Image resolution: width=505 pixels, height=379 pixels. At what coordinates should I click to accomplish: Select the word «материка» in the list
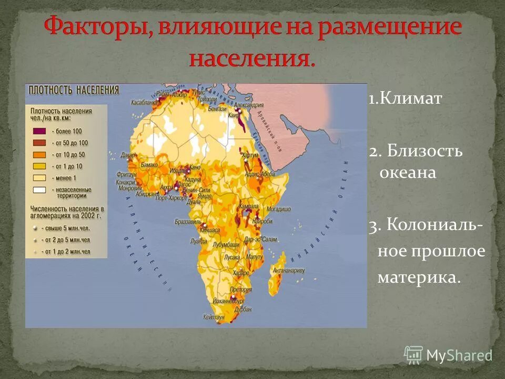pyautogui.click(x=419, y=277)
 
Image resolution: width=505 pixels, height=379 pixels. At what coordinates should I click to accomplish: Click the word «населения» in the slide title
pyautogui.click(x=252, y=57)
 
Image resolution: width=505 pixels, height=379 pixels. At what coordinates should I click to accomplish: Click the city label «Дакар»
pyautogui.click(x=128, y=155)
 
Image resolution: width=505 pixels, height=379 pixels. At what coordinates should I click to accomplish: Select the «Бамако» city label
pyautogui.click(x=149, y=165)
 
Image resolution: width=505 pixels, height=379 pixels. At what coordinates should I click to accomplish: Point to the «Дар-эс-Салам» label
pyautogui.click(x=261, y=240)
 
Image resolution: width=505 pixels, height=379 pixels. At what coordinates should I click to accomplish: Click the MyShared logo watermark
pyautogui.click(x=448, y=355)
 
